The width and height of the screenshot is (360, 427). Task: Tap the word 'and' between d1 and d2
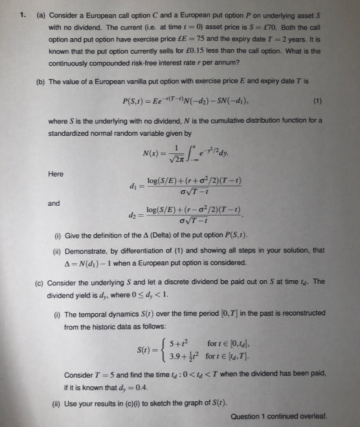pos(54,203)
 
